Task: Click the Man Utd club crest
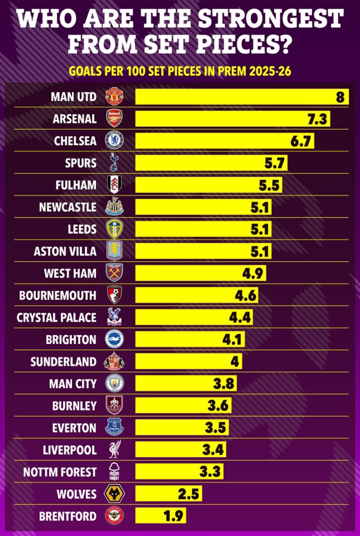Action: [114, 96]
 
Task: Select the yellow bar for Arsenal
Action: [233, 118]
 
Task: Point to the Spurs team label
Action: [81, 162]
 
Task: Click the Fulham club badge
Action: [114, 185]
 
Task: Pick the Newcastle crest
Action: [114, 206]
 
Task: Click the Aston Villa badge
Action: [114, 250]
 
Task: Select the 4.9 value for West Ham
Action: [253, 273]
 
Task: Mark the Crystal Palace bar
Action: [194, 317]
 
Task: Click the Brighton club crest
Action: [114, 339]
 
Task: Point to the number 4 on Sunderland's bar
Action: [235, 361]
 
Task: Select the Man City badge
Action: [114, 383]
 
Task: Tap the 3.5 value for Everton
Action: [216, 427]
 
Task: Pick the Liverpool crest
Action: [114, 449]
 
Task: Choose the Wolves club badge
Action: [114, 494]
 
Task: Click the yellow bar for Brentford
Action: [160, 516]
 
